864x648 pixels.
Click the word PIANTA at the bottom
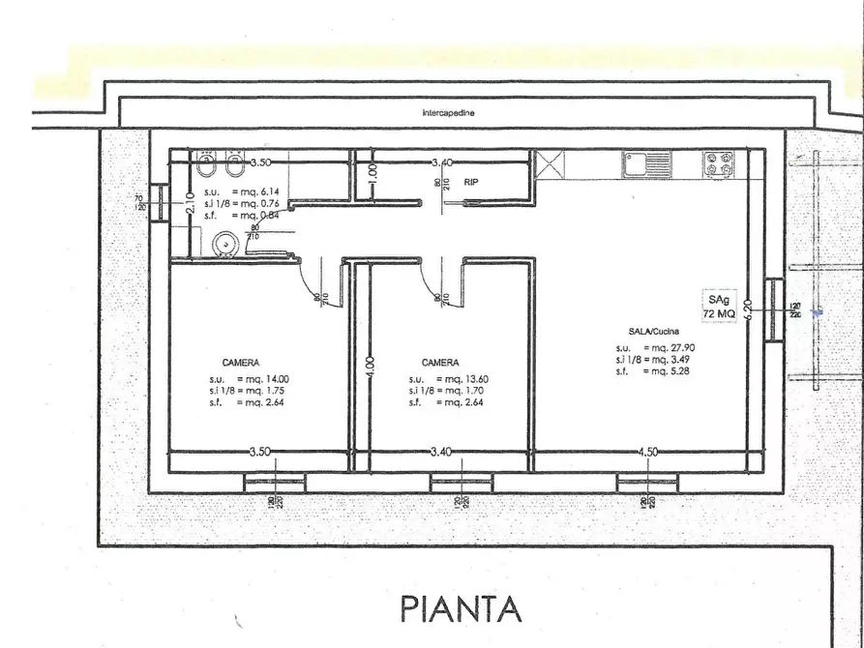461,608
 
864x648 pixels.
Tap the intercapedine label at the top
449,113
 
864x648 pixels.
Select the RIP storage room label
471,182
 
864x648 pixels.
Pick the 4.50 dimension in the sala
648,452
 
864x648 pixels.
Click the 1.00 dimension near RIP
373,177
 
